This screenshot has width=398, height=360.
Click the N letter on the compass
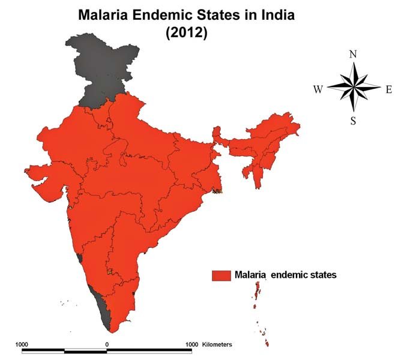point(353,55)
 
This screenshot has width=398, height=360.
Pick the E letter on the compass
point(388,89)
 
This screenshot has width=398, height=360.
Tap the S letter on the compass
point(354,121)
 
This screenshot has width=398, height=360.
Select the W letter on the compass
point(318,89)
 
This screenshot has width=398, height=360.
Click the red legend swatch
point(221,275)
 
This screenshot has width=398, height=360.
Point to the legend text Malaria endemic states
point(285,275)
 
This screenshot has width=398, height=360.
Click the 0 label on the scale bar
point(107,344)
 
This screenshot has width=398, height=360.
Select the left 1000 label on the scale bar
point(22,344)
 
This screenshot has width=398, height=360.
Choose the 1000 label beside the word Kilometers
point(191,344)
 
